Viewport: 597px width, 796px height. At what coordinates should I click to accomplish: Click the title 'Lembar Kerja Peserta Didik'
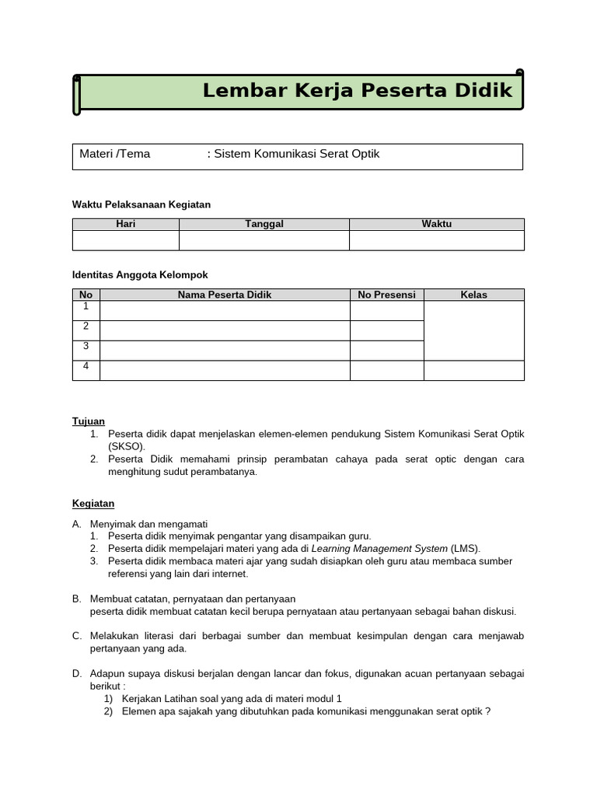(358, 91)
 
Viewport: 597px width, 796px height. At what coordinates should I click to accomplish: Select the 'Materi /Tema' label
(115, 154)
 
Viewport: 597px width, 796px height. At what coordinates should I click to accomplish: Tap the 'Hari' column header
(125, 224)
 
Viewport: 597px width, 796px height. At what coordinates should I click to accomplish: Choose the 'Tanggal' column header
(264, 224)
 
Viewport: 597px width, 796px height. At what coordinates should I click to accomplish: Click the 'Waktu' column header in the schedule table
(436, 224)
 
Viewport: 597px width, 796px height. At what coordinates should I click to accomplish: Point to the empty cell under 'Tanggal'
(264, 240)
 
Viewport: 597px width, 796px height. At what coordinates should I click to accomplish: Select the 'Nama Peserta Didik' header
(225, 295)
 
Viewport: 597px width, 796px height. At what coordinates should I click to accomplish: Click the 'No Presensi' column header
(386, 295)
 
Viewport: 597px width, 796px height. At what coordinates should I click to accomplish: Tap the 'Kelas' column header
(473, 295)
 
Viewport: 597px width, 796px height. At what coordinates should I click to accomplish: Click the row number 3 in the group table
(86, 346)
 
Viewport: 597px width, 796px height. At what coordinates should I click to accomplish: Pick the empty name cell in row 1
(225, 310)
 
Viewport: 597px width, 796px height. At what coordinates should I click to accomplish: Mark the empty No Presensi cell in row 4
(386, 370)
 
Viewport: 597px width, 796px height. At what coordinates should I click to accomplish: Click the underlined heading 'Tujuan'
(89, 421)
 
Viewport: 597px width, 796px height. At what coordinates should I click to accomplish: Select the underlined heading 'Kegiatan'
(93, 504)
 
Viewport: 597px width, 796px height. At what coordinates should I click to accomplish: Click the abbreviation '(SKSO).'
(127, 446)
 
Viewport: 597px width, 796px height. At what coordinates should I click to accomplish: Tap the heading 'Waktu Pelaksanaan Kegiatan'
(141, 204)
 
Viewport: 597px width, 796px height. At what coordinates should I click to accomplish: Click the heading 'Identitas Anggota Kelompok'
(140, 275)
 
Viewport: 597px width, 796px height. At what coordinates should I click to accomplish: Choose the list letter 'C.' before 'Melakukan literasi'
(77, 636)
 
